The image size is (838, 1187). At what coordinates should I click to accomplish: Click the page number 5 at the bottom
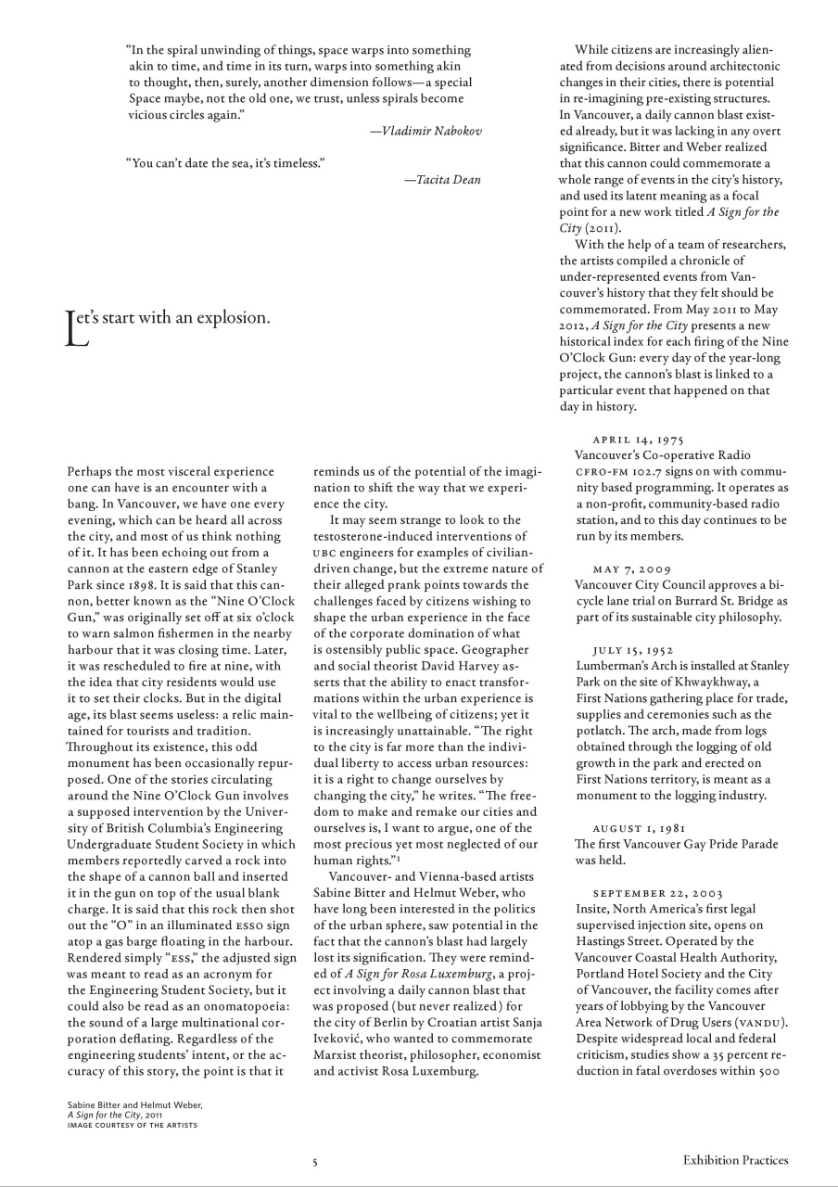point(315,1160)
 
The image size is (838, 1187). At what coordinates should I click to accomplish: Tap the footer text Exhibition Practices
point(735,1159)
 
